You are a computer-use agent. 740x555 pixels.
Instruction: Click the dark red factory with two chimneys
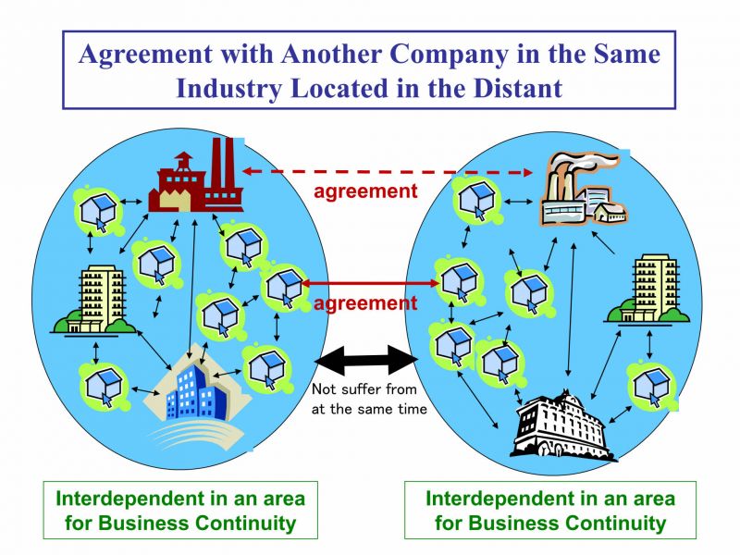click(x=195, y=177)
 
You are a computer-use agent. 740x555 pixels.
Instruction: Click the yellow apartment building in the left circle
click(x=95, y=300)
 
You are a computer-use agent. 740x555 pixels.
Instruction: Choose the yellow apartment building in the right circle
click(x=647, y=290)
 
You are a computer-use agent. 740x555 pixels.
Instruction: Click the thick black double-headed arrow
click(x=366, y=360)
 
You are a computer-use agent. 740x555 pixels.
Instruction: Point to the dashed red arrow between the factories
click(x=387, y=172)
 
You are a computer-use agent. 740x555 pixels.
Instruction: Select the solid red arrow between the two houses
click(x=371, y=283)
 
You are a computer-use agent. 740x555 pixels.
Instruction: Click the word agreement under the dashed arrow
click(x=365, y=191)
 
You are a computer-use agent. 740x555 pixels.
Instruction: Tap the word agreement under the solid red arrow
click(x=365, y=303)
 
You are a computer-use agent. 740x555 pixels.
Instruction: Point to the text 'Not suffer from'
click(x=364, y=388)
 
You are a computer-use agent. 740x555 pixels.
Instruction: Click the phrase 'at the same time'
click(x=369, y=409)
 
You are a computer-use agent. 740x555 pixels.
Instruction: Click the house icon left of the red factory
click(x=98, y=211)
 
